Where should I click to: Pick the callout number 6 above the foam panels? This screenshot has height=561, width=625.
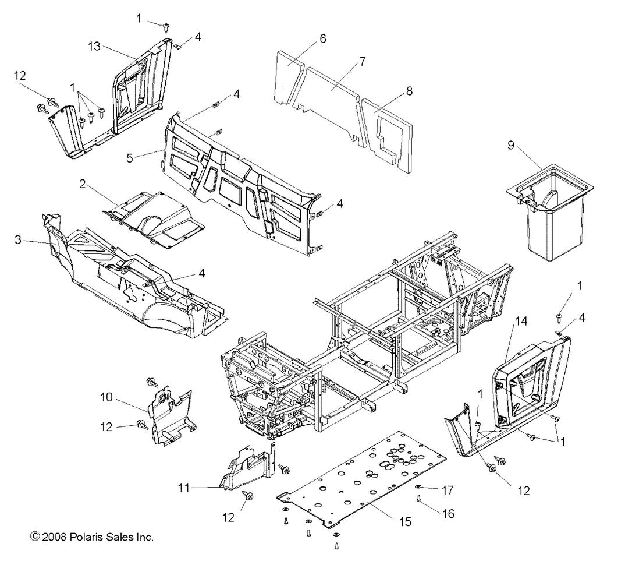[x=322, y=39]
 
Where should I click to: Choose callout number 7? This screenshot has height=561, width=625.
[x=363, y=61]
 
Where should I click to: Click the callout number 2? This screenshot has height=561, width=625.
[x=83, y=184]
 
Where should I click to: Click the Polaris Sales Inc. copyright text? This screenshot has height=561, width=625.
[x=92, y=537]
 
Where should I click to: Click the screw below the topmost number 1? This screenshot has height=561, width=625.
[x=166, y=26]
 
